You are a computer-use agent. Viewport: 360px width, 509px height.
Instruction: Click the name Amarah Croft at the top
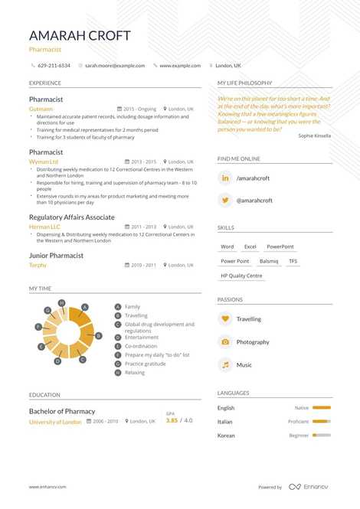(80, 36)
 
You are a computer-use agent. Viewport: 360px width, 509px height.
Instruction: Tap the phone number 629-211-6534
(54, 66)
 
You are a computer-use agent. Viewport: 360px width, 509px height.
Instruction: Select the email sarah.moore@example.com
(115, 66)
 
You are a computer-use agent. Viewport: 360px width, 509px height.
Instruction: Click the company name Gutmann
(41, 109)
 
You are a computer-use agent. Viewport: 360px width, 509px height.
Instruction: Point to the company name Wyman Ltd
(43, 162)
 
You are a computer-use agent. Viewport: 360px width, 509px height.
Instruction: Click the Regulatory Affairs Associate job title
(72, 217)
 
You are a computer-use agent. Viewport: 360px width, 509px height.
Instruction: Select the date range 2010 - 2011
(143, 265)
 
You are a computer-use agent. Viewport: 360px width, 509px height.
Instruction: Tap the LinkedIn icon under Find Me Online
(225, 178)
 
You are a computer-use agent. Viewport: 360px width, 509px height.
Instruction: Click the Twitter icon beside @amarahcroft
(225, 201)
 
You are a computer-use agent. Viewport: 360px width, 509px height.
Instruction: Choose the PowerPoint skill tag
(280, 247)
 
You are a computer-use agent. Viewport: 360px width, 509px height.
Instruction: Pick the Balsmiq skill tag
(269, 261)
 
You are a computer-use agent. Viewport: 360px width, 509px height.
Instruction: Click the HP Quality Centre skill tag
(241, 276)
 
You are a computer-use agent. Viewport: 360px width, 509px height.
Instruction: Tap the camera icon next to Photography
(225, 342)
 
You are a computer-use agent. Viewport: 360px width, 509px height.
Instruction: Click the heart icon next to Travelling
(225, 319)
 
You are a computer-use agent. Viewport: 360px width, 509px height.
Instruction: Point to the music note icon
(225, 365)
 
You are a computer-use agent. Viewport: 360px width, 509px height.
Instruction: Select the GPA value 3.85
(172, 420)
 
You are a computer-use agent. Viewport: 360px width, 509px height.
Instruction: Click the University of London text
(55, 422)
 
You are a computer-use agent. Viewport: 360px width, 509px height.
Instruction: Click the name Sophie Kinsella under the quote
(315, 135)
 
